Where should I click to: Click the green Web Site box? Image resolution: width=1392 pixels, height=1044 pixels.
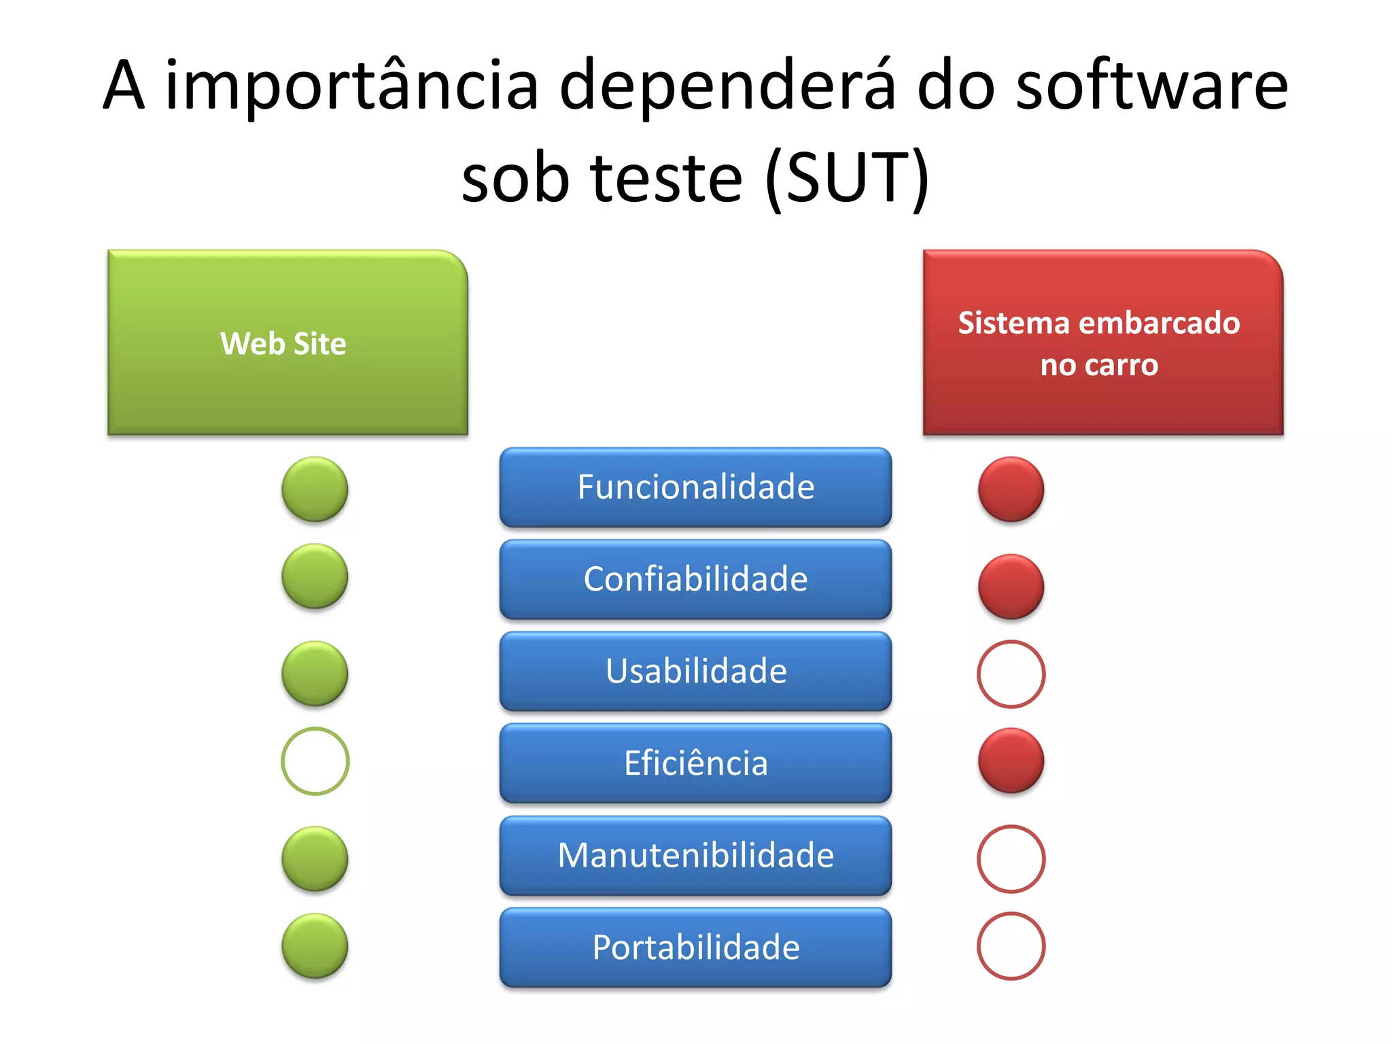coord(288,343)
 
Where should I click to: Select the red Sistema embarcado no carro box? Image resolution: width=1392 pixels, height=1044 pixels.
coord(1102,343)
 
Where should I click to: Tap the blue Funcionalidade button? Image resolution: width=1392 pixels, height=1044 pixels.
coord(695,487)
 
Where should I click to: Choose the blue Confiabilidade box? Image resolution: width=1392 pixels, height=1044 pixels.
coord(695,579)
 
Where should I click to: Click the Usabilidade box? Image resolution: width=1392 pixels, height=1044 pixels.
coord(695,671)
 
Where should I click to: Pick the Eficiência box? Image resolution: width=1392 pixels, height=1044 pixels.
coord(695,763)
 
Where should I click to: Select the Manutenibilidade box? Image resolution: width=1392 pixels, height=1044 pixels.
coord(695,855)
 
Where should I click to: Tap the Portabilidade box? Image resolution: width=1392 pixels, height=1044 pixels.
coord(695,947)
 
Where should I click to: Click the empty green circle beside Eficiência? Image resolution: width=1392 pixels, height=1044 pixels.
coord(315,761)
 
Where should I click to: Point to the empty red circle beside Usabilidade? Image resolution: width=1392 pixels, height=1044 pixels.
coord(1011,674)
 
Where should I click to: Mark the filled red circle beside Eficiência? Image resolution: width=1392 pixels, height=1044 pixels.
coord(1011,761)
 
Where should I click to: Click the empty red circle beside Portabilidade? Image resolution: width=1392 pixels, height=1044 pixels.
coord(1011,945)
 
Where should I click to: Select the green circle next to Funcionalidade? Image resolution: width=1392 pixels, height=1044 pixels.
coord(315,489)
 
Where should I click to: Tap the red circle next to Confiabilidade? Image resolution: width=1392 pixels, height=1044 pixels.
coord(1011,586)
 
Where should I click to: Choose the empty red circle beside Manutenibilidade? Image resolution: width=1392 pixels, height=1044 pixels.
coord(1011,858)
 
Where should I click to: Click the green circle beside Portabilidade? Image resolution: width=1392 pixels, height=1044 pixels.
coord(315,945)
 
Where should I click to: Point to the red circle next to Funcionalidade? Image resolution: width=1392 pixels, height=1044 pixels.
coord(1011,489)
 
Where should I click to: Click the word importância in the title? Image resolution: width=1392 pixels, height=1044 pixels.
coord(351,86)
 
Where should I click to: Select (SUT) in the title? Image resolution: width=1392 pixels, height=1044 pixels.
coord(847,178)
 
